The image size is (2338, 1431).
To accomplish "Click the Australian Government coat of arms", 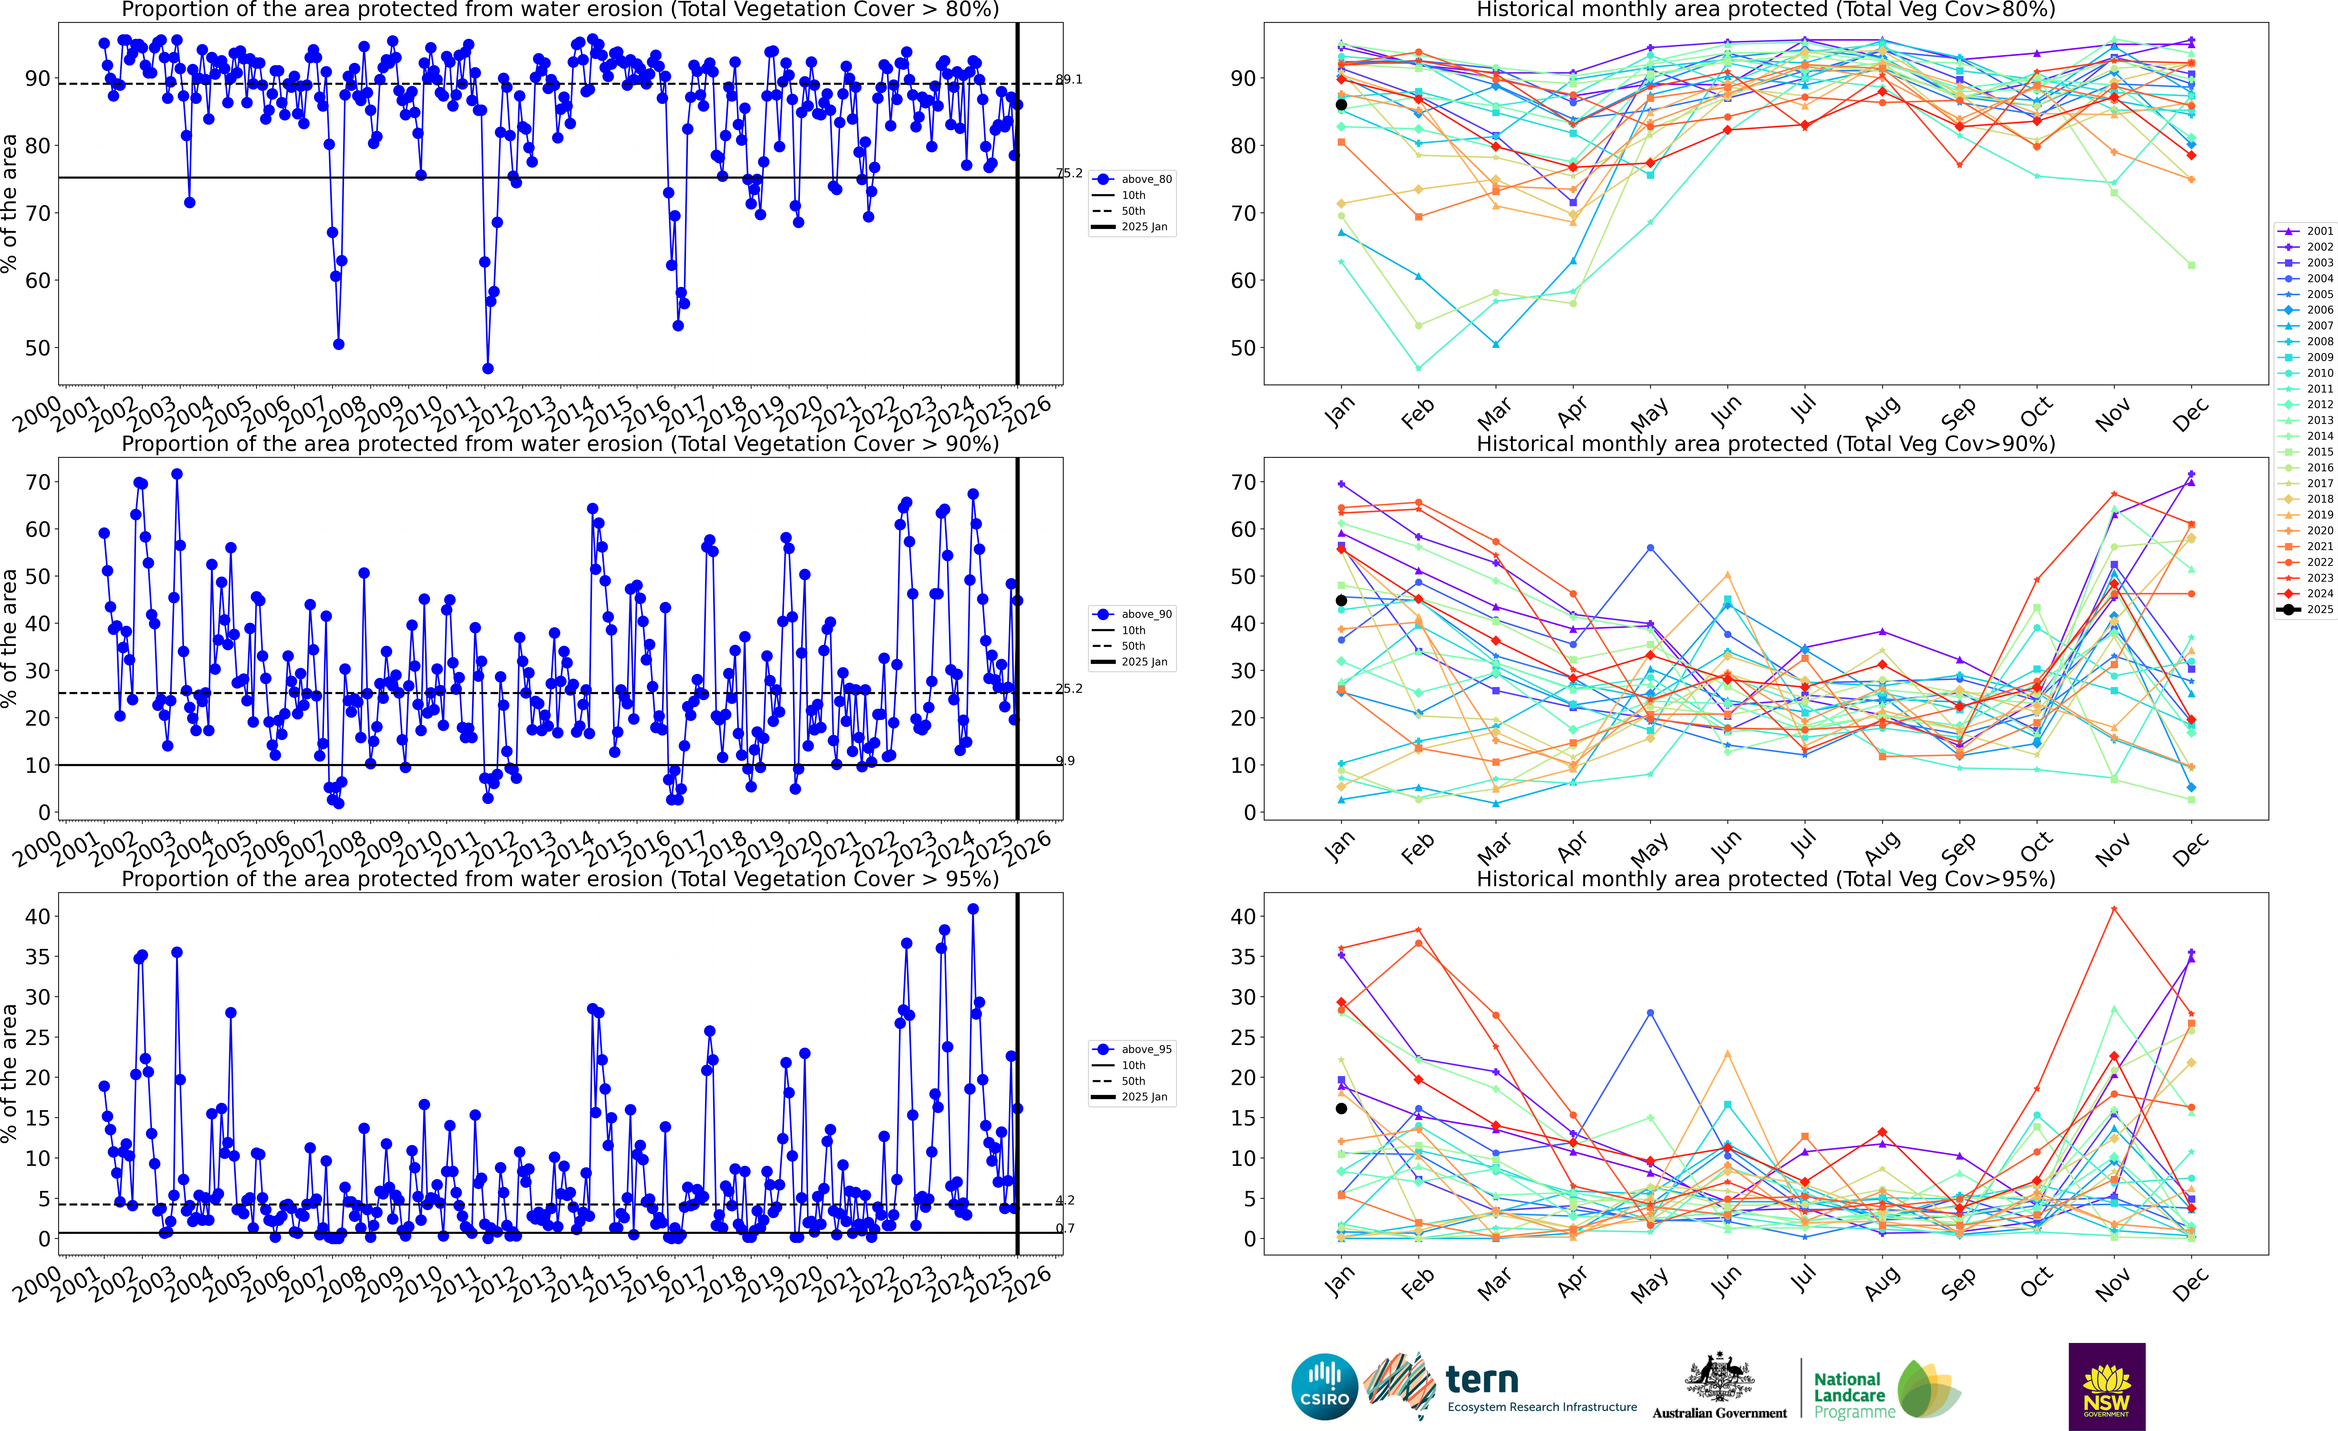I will [x=1719, y=1378].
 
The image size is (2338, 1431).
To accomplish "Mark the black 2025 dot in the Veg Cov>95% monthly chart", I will [x=1341, y=1108].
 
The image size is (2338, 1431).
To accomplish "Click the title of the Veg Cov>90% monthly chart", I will [x=1766, y=444].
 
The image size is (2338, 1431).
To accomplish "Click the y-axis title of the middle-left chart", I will [x=10, y=638].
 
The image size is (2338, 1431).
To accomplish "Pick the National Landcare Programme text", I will [x=1847, y=1395].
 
